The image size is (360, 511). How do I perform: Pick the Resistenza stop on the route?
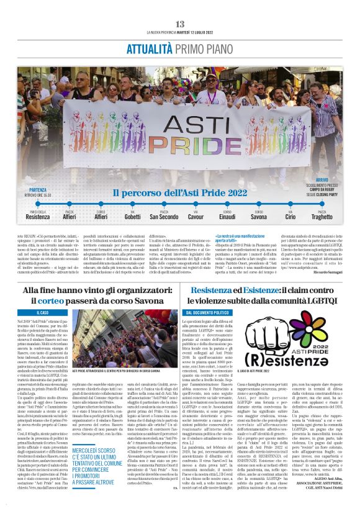(x=38, y=217)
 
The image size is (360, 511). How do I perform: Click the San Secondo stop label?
(x=164, y=217)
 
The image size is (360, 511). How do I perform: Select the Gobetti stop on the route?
(x=132, y=217)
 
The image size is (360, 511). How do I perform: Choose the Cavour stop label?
(x=196, y=217)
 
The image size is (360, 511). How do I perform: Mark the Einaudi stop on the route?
(x=227, y=217)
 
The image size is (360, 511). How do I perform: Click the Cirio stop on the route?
(x=290, y=217)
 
